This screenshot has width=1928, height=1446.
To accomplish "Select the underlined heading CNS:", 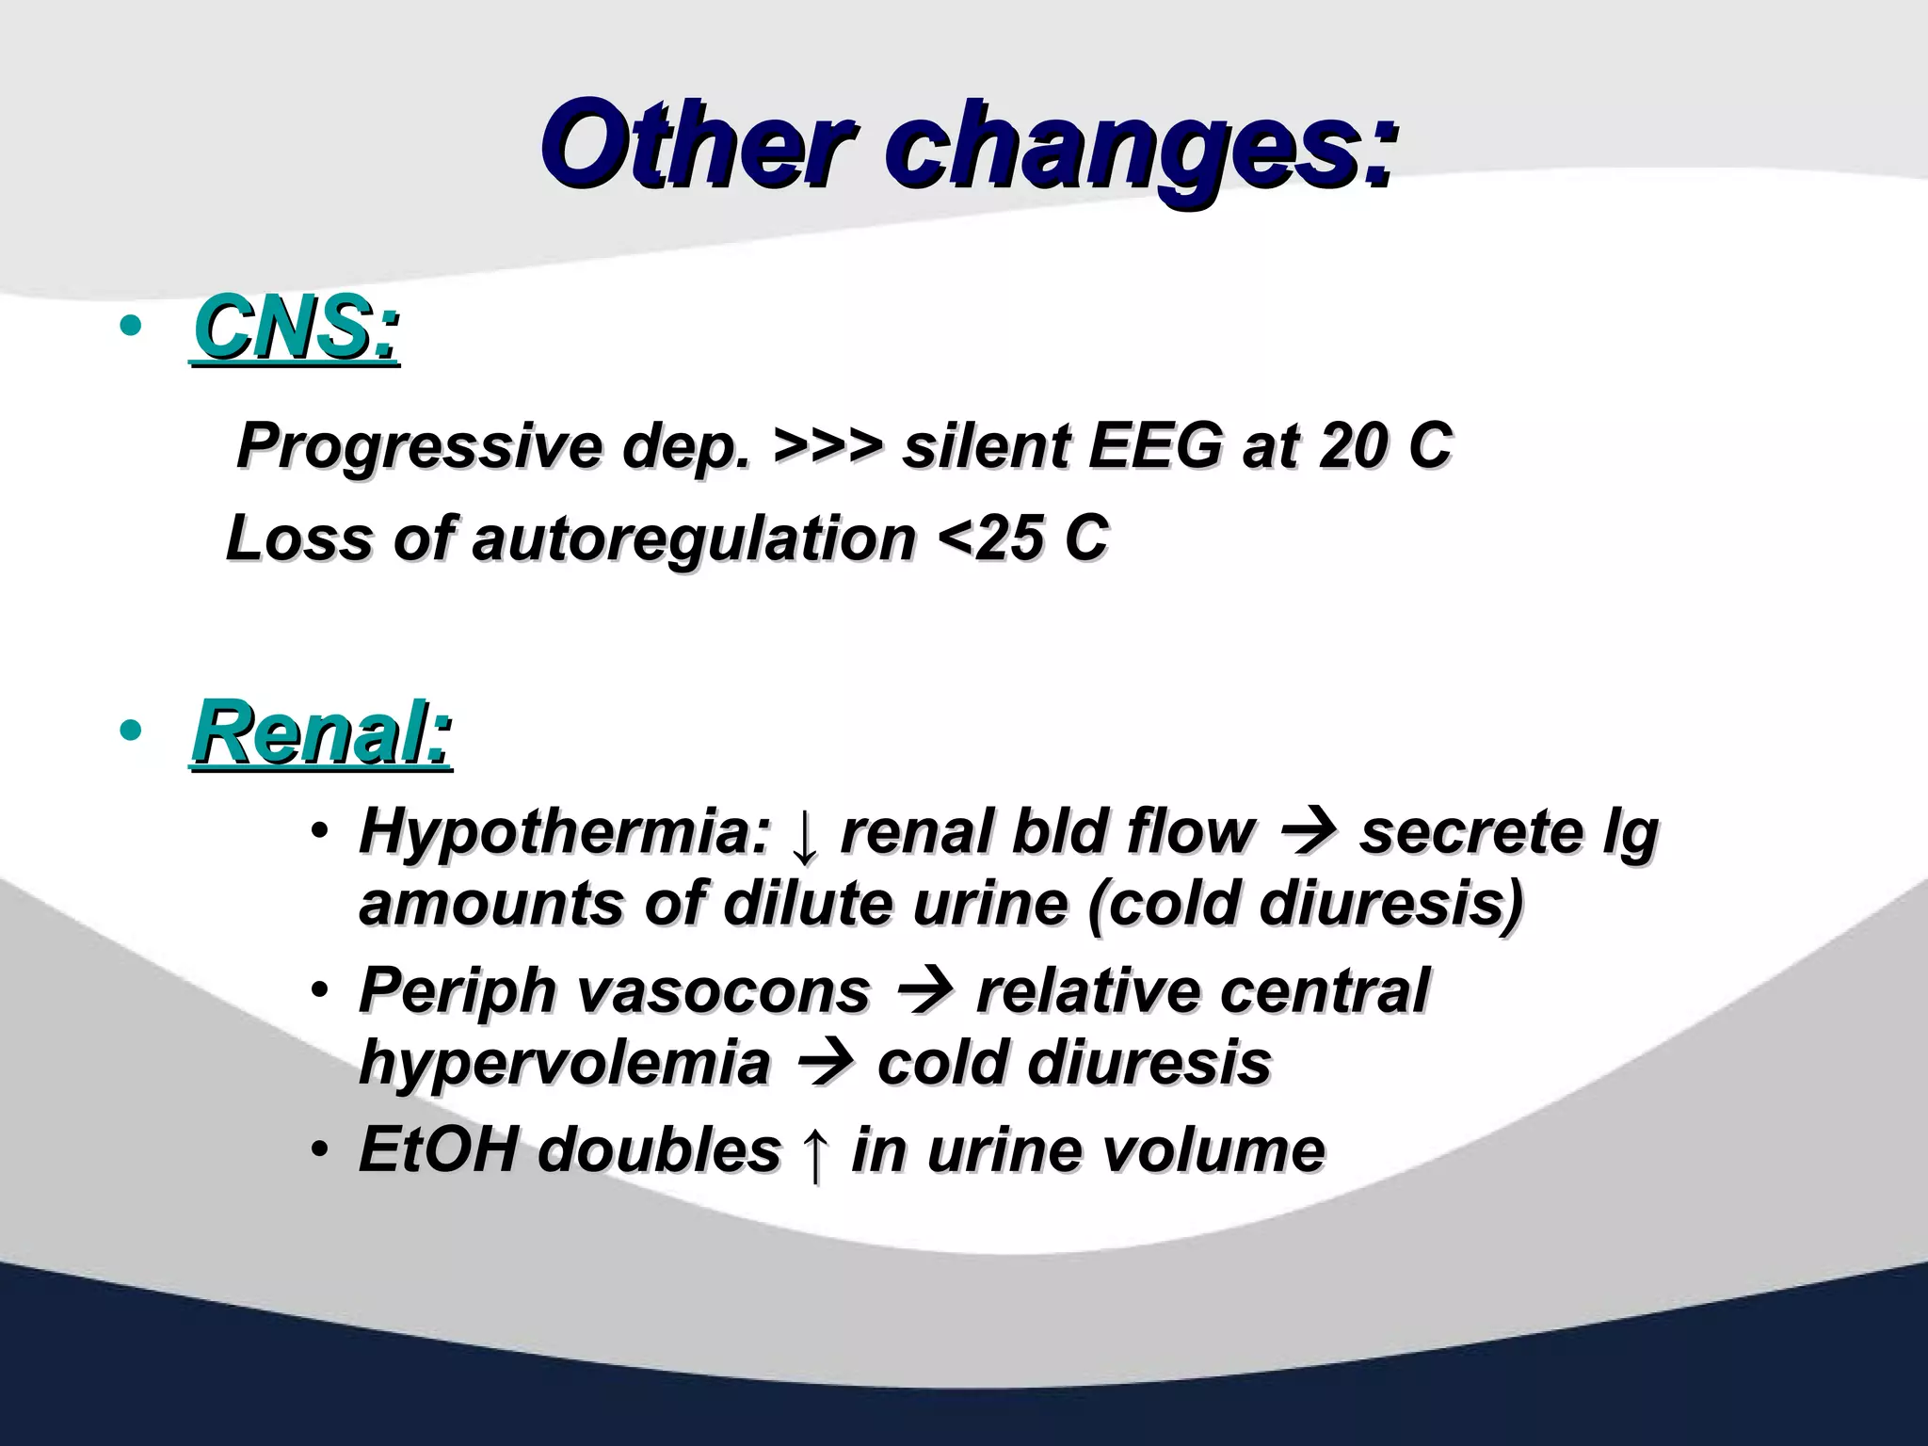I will pyautogui.click(x=296, y=329).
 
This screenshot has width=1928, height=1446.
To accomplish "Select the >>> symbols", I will pyautogui.click(x=827, y=445).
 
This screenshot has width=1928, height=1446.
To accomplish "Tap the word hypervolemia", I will pyautogui.click(x=564, y=1062).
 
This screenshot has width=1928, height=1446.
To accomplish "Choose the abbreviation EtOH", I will pyautogui.click(x=439, y=1149).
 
